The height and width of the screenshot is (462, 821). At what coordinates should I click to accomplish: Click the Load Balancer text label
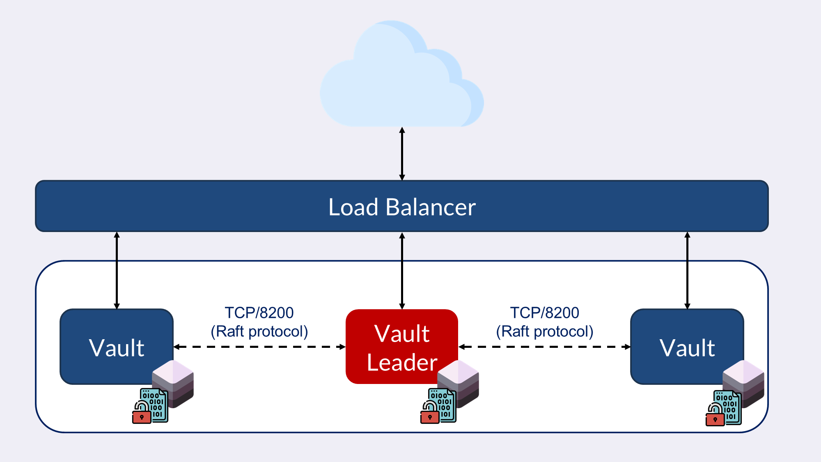[402, 207]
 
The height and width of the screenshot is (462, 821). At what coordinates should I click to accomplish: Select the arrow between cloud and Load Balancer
[402, 154]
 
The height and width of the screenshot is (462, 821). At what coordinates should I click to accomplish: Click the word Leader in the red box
[402, 363]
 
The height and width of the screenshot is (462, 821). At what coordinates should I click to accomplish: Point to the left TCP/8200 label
[259, 313]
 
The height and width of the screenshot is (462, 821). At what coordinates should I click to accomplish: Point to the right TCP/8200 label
[544, 313]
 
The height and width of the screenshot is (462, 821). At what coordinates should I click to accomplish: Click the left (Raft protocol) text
[259, 331]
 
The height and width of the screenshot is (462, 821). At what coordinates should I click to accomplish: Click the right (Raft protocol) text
[544, 331]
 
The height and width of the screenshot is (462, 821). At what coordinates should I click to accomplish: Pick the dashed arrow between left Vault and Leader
[259, 347]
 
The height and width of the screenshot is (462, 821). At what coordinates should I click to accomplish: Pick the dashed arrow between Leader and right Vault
[544, 347]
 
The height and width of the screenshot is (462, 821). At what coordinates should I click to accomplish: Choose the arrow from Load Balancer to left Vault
[117, 270]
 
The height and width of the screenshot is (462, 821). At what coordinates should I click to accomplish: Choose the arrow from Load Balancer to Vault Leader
[402, 270]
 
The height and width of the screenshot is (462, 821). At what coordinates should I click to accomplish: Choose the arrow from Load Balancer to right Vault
[687, 270]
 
